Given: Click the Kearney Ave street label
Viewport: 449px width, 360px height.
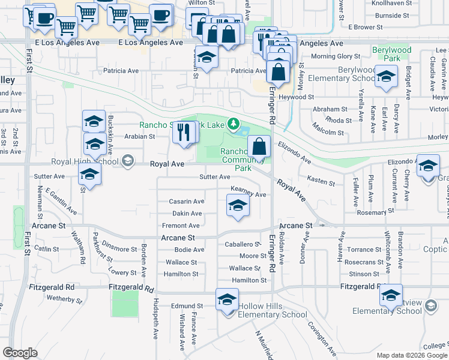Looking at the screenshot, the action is tap(249, 194).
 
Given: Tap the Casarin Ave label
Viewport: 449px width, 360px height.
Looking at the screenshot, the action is tap(187, 201).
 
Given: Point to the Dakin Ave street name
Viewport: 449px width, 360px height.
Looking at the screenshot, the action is tap(187, 213).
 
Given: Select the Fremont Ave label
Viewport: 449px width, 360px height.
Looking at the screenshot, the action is tap(181, 226).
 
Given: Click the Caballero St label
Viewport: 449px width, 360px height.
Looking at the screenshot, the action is tap(241, 245).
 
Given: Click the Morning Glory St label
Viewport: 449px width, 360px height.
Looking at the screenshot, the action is tap(331, 56).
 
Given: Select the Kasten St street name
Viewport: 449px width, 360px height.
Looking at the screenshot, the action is tap(321, 181).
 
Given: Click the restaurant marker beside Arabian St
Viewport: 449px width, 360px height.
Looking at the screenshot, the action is tap(185, 132).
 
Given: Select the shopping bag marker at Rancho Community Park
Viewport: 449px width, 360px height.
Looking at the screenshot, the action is tap(259, 146).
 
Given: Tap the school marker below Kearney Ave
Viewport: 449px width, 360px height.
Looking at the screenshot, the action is tap(238, 207).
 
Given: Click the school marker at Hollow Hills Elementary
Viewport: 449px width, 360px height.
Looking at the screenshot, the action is tap(228, 299).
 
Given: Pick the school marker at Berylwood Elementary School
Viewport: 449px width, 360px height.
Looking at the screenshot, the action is tap(386, 76).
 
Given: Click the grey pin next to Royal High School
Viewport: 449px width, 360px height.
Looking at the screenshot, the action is tap(127, 160).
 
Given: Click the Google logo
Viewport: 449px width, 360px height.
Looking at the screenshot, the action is tap(20, 353).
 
